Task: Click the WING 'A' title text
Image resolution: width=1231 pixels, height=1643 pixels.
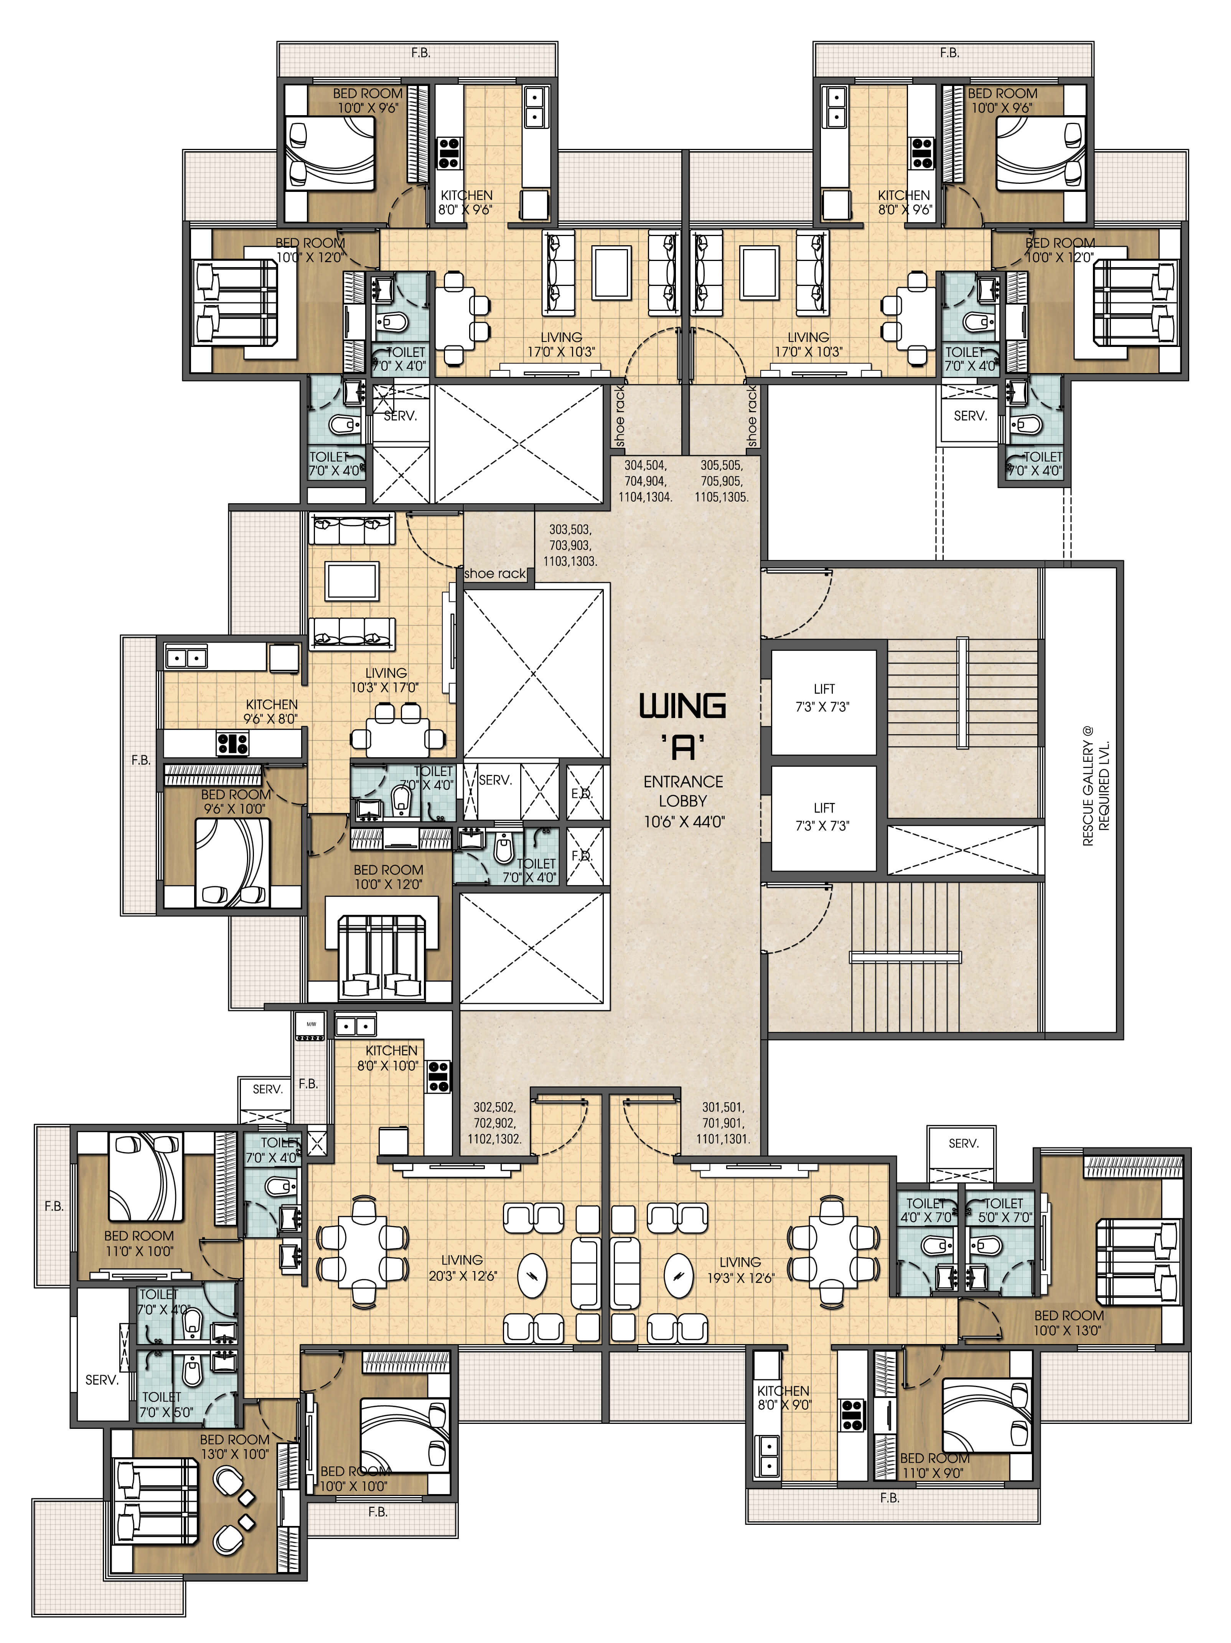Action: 682,724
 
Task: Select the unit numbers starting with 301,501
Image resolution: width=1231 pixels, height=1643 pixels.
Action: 722,1122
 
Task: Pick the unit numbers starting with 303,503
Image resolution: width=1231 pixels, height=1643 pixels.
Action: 570,545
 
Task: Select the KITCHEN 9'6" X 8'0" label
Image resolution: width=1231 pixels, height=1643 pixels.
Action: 271,711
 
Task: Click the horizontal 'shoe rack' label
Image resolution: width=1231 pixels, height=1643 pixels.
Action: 494,573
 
